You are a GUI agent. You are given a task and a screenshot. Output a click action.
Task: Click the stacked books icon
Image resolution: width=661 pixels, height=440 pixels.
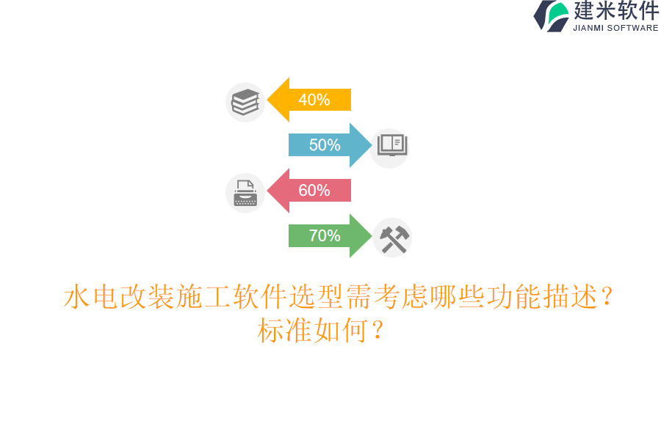click(x=245, y=102)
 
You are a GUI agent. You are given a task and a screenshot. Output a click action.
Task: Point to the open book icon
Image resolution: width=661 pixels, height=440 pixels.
click(x=391, y=144)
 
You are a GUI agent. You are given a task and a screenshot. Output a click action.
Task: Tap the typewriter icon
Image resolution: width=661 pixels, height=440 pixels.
click(x=245, y=194)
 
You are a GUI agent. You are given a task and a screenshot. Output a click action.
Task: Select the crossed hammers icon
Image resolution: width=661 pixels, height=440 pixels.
click(x=393, y=238)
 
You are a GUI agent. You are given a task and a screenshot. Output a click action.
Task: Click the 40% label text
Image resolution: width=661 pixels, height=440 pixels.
click(x=314, y=100)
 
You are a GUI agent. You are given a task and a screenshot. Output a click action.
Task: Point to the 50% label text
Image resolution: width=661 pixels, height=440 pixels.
click(x=325, y=145)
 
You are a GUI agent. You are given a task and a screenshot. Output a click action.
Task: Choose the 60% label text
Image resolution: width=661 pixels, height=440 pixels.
click(x=314, y=191)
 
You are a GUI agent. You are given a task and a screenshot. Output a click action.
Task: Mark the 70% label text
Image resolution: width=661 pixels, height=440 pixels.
click(x=325, y=236)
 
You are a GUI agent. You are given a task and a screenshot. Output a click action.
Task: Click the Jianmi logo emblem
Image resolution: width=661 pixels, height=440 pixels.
click(x=552, y=16)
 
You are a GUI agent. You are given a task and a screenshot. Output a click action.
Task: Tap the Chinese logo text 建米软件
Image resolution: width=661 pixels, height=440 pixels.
click(x=616, y=11)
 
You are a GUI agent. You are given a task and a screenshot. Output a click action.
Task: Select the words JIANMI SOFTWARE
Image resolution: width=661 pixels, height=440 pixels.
click(x=615, y=28)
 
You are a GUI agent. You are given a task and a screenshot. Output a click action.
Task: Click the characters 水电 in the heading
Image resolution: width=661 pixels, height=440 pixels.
click(x=91, y=297)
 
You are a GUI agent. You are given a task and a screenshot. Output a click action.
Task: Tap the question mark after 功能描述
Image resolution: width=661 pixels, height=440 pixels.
click(x=607, y=297)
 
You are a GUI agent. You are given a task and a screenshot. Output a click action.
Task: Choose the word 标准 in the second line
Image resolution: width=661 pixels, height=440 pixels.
click(x=285, y=331)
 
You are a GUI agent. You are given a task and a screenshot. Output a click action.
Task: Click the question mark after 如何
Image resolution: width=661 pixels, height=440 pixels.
click(x=378, y=331)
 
